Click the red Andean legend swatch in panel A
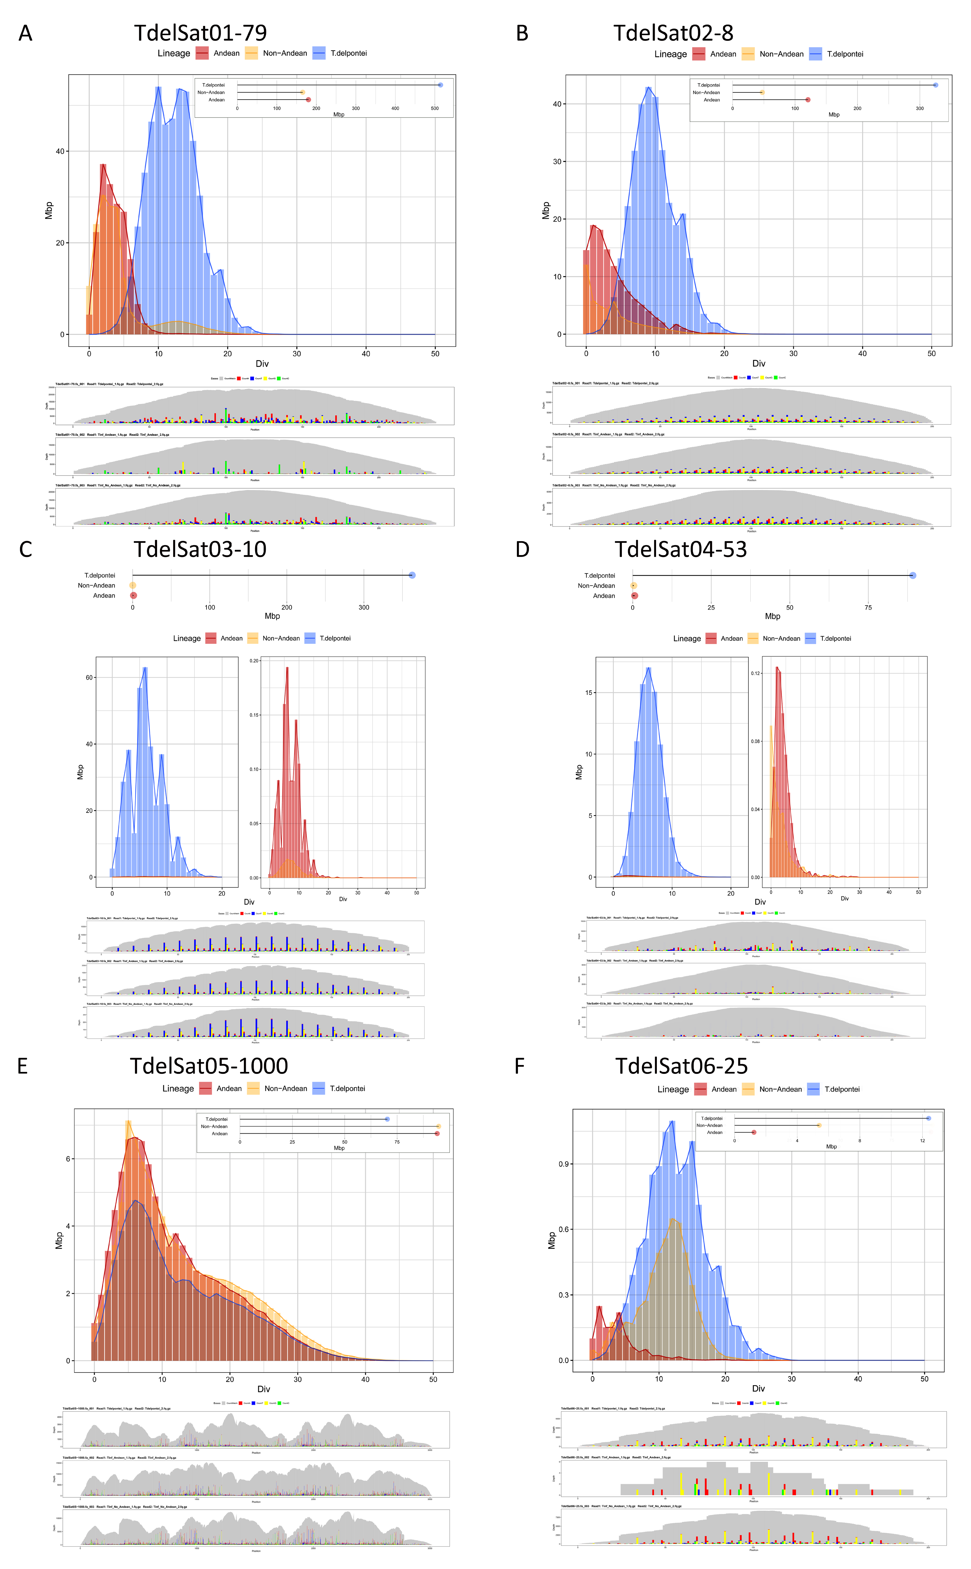point(202,53)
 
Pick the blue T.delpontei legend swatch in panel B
point(816,54)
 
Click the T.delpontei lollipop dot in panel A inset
point(440,85)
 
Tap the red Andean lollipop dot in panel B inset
point(808,100)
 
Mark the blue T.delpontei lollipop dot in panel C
point(412,575)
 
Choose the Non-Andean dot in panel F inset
point(819,1125)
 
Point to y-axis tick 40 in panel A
point(60,152)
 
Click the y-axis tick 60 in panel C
point(89,677)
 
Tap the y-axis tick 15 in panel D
point(589,693)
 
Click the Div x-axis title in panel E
point(263,1389)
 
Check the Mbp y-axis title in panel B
point(546,211)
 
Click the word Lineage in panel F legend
point(673,1089)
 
